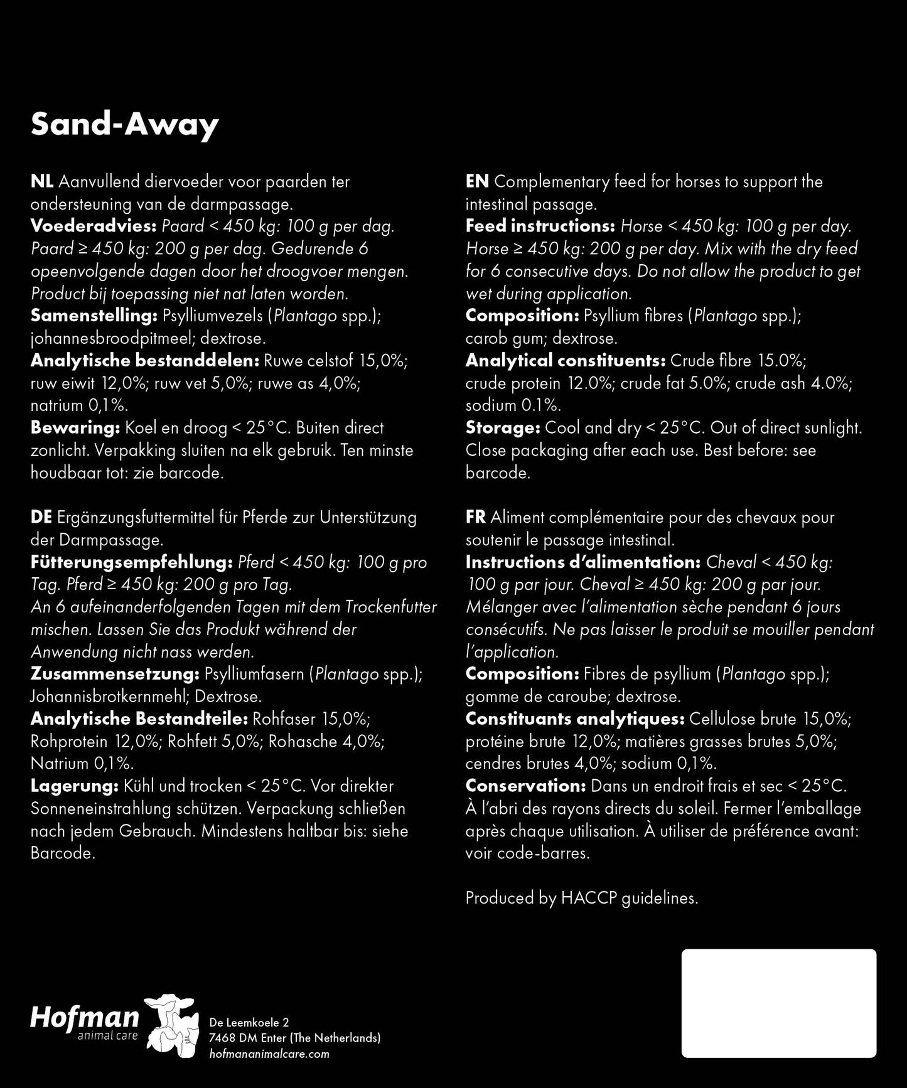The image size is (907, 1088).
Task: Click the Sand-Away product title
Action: coord(124,125)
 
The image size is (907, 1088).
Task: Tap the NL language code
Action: coord(41,182)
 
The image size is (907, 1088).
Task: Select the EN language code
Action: coord(477,182)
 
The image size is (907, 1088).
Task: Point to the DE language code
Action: coord(41,518)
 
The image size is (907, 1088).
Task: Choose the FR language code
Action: coord(476,518)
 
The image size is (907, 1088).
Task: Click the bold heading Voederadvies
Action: coord(93,227)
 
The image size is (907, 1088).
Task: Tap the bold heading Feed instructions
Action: coord(540,227)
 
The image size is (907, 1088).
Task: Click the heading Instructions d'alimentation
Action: coord(582,562)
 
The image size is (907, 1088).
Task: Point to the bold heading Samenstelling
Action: coord(94,316)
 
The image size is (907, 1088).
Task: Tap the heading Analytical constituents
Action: coord(565,361)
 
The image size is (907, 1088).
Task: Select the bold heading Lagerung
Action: coord(74,786)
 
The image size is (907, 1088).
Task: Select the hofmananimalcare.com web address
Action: coord(269,1054)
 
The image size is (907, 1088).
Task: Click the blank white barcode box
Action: coord(779,1003)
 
